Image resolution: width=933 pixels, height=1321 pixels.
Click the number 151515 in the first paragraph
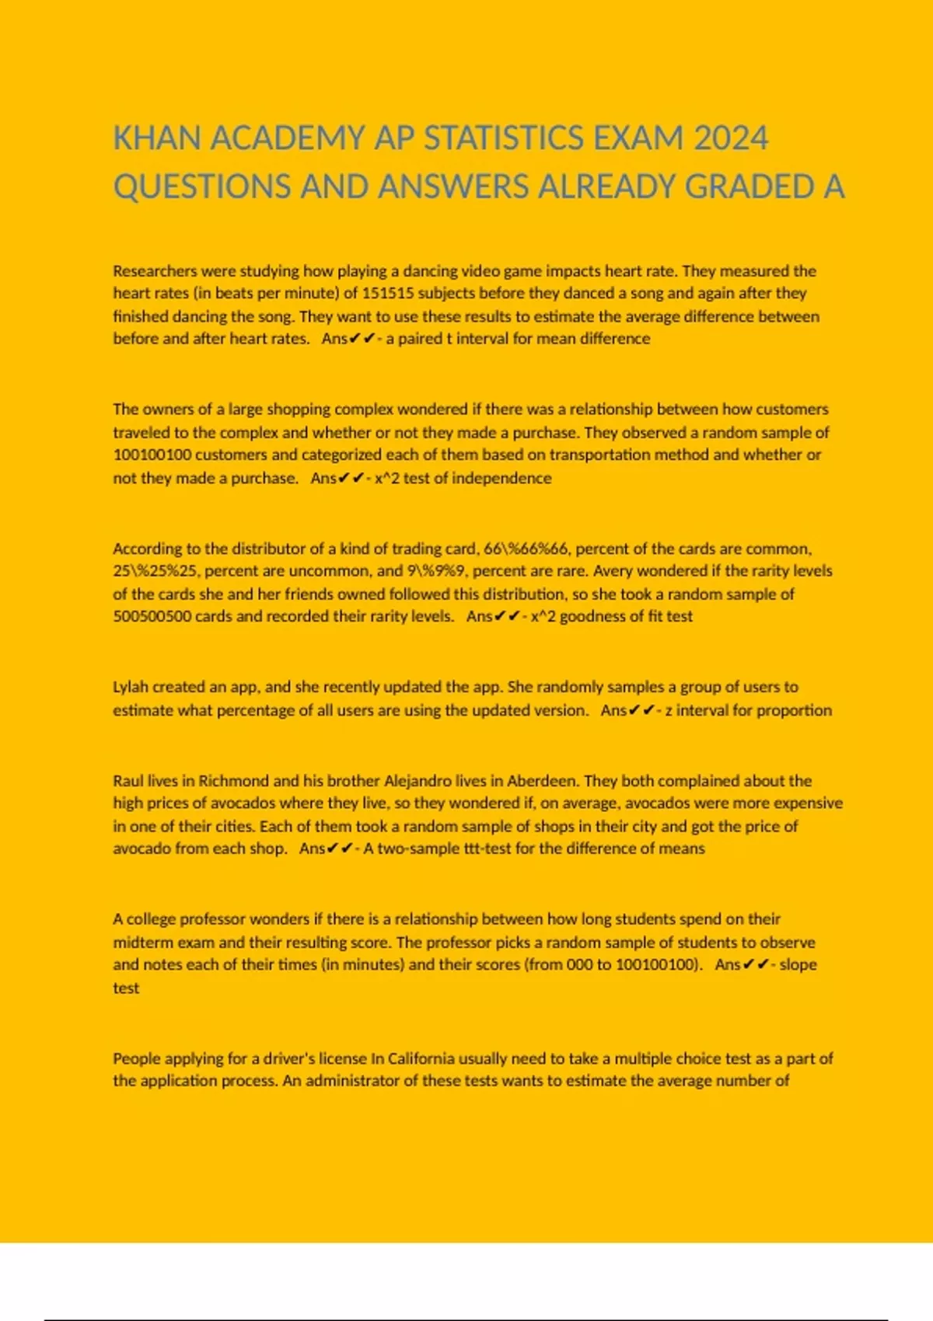click(388, 294)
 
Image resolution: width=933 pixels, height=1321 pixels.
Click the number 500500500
click(152, 616)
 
